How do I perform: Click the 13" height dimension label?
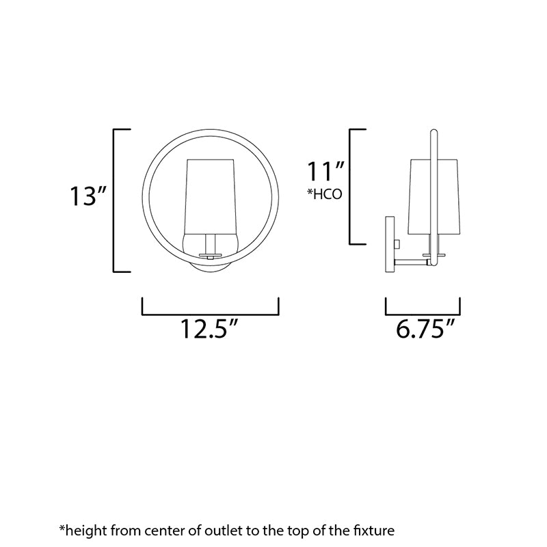[88, 196]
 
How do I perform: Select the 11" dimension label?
[325, 171]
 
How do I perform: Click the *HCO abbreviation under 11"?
[324, 194]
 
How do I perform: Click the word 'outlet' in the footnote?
[223, 531]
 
